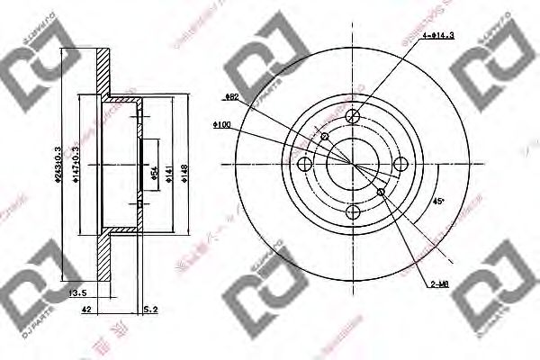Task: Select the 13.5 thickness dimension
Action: [78, 292]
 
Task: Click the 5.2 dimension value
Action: [150, 310]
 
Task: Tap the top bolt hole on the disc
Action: [352, 115]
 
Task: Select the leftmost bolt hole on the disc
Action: [304, 164]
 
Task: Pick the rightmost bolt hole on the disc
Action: [400, 164]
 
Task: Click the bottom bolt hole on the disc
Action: [352, 211]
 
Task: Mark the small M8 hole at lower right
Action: [382, 192]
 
